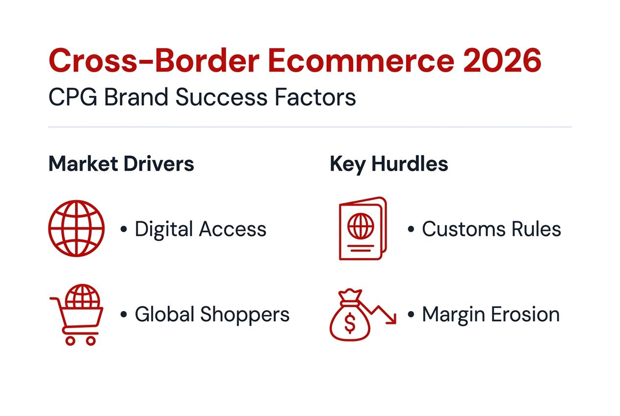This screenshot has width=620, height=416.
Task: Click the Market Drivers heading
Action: tap(121, 164)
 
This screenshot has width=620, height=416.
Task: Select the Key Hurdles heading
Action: tap(389, 164)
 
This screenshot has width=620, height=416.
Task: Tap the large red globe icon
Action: tap(77, 228)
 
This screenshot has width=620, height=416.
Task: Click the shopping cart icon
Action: tap(77, 314)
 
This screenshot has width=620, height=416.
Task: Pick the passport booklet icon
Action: tap(362, 228)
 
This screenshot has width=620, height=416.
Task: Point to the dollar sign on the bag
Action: tap(350, 322)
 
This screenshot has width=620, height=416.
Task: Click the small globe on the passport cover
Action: tap(361, 227)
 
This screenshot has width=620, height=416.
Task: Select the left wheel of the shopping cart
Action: tap(70, 340)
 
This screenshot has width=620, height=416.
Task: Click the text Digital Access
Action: tap(200, 229)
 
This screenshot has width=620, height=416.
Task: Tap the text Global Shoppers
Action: tap(212, 314)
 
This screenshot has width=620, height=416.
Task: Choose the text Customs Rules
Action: tap(491, 229)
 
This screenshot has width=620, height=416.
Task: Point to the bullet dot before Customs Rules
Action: tap(411, 230)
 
